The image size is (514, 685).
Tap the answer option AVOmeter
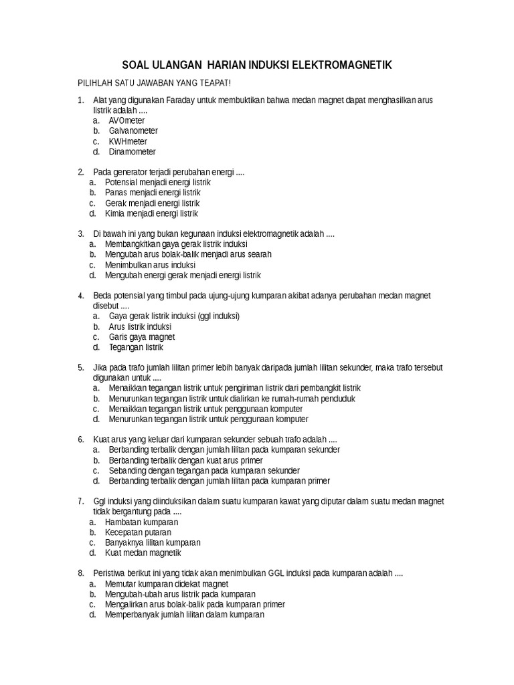(x=128, y=120)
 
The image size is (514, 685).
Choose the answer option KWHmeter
(x=128, y=142)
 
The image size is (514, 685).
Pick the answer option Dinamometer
(x=132, y=152)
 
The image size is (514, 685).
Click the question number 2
(x=80, y=172)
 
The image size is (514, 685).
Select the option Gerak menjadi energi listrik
(x=152, y=203)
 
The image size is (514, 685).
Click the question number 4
(x=80, y=296)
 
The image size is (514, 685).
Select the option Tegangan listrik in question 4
(x=136, y=348)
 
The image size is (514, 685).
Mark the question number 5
(x=80, y=368)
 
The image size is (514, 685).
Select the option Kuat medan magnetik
(x=143, y=553)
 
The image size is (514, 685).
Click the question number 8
(x=80, y=574)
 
